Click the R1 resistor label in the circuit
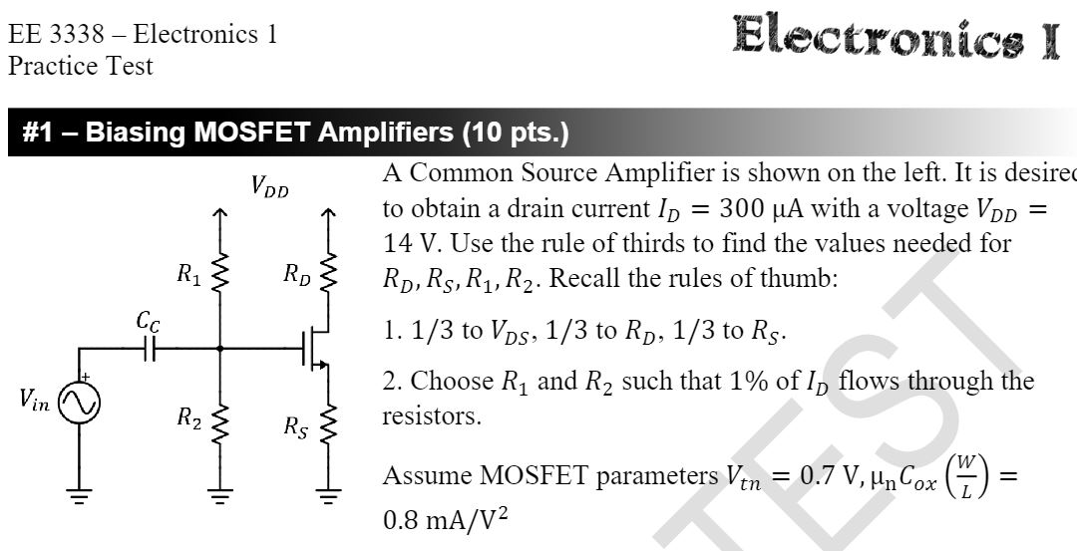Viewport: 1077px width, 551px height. (186, 275)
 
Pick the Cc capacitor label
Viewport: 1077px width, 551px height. (147, 321)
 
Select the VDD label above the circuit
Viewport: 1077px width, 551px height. (269, 186)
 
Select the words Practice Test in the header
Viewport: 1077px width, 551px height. (81, 66)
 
